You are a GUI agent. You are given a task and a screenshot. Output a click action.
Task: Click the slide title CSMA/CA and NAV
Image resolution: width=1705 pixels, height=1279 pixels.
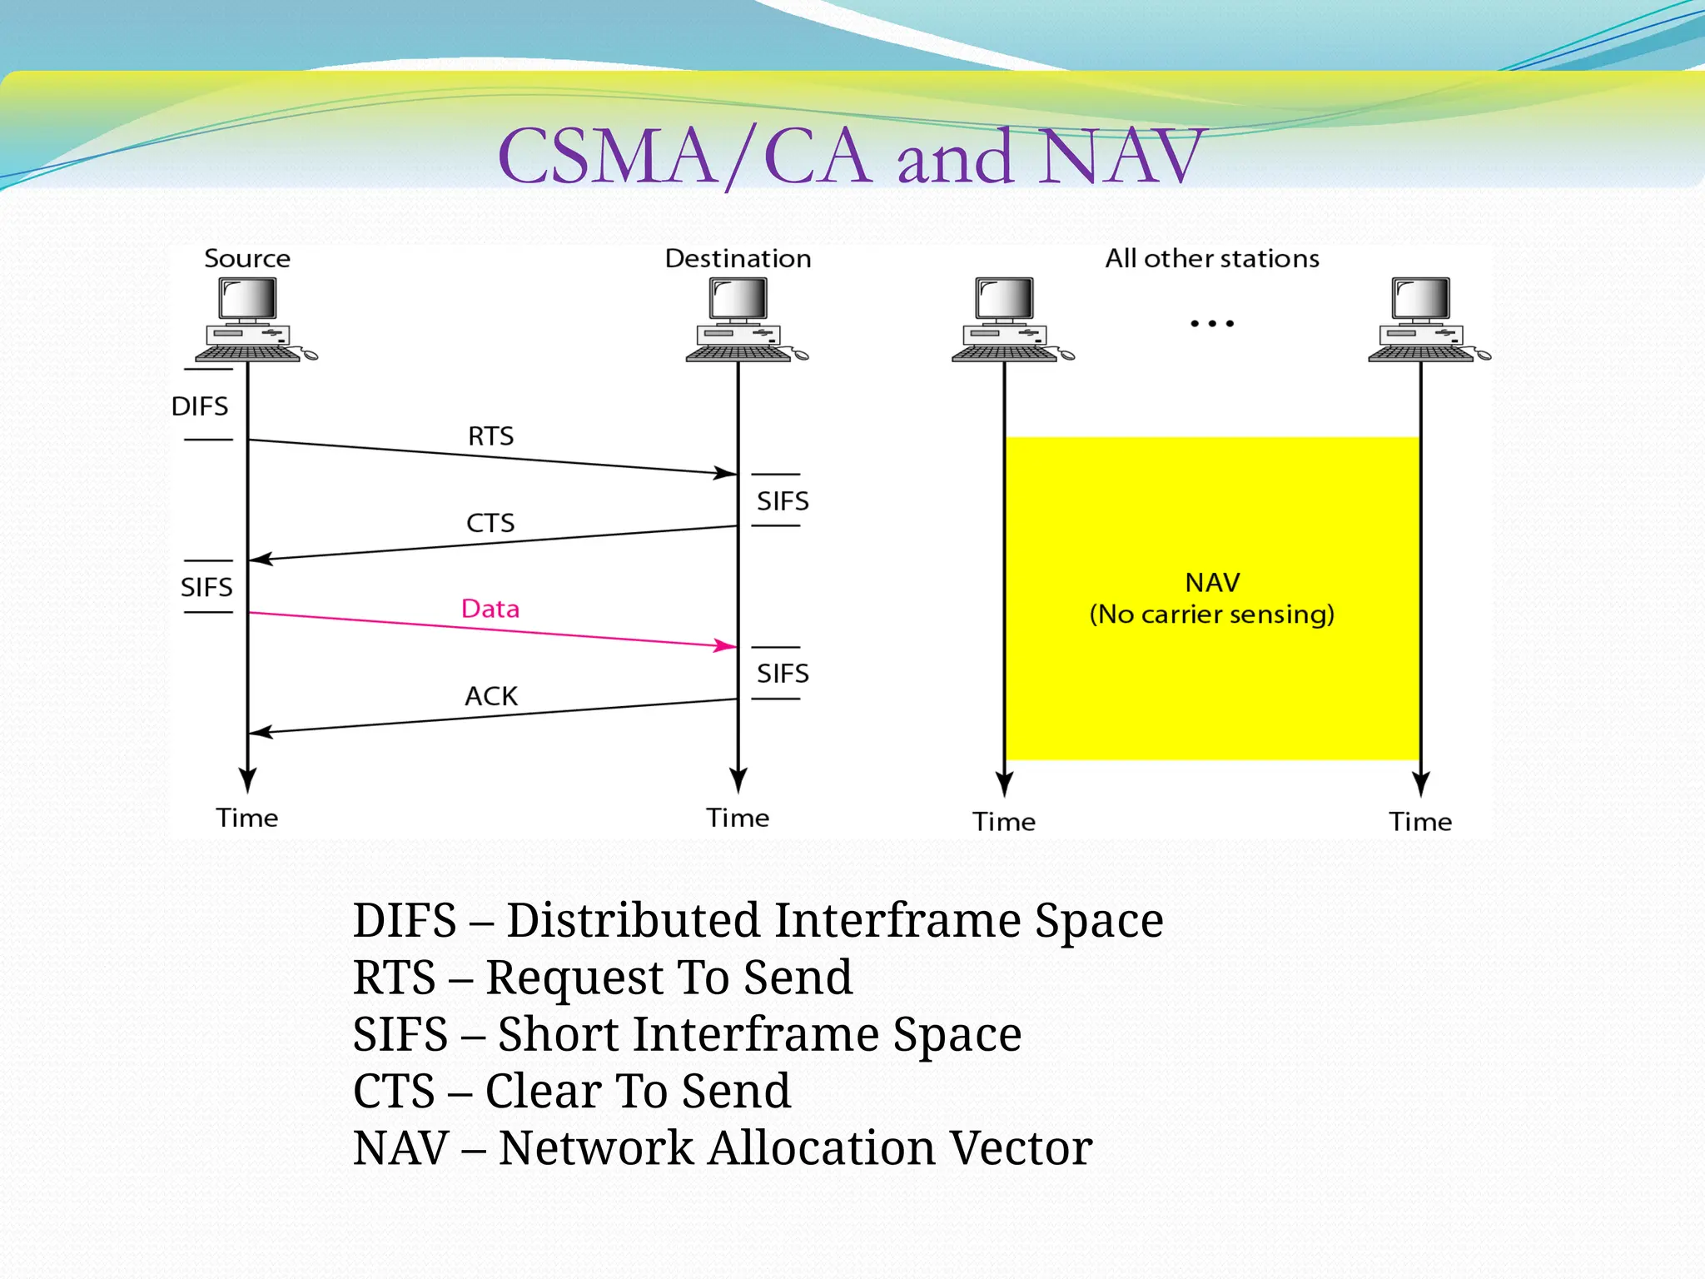click(849, 157)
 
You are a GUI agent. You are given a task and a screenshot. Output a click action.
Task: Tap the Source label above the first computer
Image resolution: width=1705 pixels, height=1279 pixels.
click(247, 258)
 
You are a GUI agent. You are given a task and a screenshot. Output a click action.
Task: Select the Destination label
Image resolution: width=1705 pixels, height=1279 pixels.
click(738, 258)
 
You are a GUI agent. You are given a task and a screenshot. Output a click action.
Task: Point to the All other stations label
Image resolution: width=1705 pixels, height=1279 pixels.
click(1212, 258)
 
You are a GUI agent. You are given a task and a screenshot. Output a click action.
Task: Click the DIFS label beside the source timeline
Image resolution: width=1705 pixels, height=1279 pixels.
click(199, 406)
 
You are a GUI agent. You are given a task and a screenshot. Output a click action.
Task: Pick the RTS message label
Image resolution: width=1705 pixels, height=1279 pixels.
click(490, 436)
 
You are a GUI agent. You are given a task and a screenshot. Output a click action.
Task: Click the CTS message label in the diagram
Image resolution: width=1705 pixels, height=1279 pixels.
click(490, 523)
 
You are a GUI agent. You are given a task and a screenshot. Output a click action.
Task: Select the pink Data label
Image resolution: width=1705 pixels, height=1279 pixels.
click(490, 609)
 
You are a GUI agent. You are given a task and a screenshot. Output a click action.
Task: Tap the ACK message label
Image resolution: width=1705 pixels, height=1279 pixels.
click(491, 696)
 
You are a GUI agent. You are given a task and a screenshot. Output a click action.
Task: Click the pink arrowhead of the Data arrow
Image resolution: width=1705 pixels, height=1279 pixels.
click(726, 645)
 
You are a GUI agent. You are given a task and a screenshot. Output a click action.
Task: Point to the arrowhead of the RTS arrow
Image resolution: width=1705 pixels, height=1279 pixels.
click(726, 473)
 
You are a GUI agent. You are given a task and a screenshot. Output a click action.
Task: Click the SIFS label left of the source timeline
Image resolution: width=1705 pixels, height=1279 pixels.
click(206, 588)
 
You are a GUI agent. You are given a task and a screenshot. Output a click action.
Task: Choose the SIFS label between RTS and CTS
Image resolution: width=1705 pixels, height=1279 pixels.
click(783, 501)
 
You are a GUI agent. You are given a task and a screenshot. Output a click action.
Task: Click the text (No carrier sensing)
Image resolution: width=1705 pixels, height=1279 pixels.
click(1212, 615)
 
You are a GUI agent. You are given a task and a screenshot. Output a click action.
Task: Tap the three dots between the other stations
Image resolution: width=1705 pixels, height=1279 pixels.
click(1212, 323)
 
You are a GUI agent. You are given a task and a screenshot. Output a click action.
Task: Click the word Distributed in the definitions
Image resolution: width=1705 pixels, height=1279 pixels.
click(634, 921)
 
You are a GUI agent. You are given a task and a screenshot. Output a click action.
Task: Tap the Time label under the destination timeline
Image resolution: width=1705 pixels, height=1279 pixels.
click(738, 818)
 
